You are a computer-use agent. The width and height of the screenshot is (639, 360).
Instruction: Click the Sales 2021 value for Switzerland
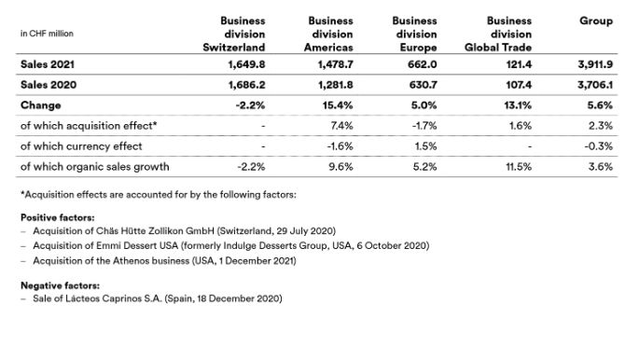[x=246, y=66]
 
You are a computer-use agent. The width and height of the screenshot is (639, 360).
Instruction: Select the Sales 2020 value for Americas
[x=334, y=85]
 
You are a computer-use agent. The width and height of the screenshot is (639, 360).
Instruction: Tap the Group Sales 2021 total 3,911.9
[x=593, y=66]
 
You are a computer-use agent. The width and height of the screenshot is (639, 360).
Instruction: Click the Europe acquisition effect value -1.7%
[x=426, y=124]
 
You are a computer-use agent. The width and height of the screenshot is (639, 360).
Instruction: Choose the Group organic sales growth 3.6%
[x=601, y=166]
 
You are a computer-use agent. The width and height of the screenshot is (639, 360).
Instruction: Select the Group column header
[x=595, y=21]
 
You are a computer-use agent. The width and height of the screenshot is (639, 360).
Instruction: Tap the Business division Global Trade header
[x=498, y=34]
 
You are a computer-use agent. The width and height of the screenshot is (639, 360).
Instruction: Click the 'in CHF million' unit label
[x=47, y=34]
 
